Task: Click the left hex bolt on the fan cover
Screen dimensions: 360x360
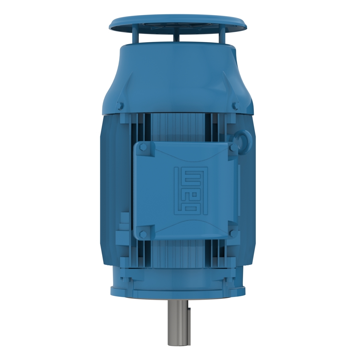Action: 121,106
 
